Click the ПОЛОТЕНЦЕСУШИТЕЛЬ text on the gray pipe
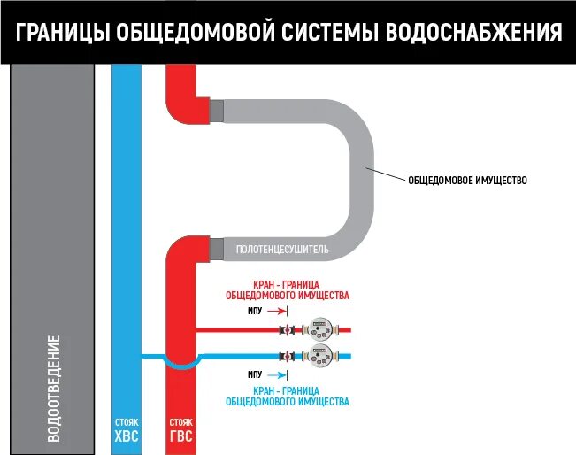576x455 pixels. (x=282, y=250)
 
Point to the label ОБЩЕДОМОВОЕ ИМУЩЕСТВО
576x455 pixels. (x=467, y=181)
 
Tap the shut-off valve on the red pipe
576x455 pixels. (x=287, y=331)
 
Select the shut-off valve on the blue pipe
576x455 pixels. (x=287, y=357)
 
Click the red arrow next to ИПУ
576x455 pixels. (x=276, y=312)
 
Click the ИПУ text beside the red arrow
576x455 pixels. (x=255, y=312)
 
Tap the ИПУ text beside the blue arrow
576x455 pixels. (x=255, y=375)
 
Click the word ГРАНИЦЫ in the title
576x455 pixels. (x=62, y=33)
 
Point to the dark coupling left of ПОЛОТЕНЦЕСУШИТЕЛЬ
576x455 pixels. (x=217, y=249)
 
